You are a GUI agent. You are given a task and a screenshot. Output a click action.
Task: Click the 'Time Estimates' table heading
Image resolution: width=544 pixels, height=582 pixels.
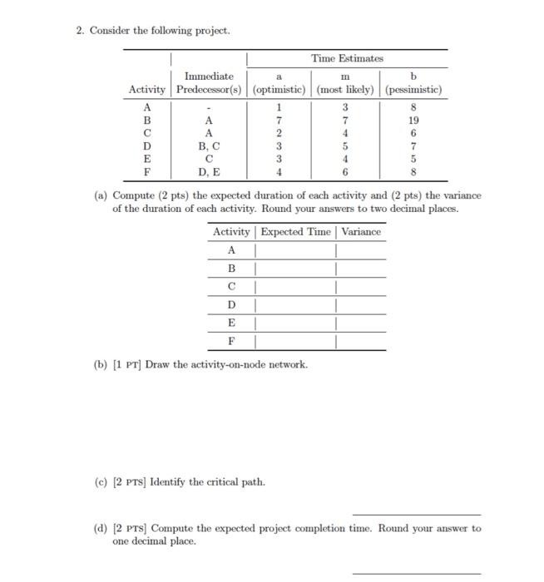(347, 58)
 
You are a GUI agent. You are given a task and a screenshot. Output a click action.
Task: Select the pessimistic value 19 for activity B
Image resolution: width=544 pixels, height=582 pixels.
(413, 119)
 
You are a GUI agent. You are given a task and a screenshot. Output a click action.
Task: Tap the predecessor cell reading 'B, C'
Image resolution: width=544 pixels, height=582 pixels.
(209, 145)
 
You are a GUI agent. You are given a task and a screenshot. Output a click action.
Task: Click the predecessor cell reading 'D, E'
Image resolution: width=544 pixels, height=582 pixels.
(209, 172)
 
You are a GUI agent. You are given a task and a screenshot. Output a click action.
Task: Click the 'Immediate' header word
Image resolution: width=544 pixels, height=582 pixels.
(209, 76)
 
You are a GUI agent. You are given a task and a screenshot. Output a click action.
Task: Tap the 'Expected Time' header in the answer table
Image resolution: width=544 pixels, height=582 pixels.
(297, 232)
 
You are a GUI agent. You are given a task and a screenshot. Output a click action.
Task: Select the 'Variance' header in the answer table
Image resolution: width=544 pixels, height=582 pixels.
(361, 232)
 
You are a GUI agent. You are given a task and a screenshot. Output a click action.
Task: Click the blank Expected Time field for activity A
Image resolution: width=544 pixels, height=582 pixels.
(295, 249)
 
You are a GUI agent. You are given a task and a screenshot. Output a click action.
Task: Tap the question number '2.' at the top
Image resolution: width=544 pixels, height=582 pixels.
(80, 31)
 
